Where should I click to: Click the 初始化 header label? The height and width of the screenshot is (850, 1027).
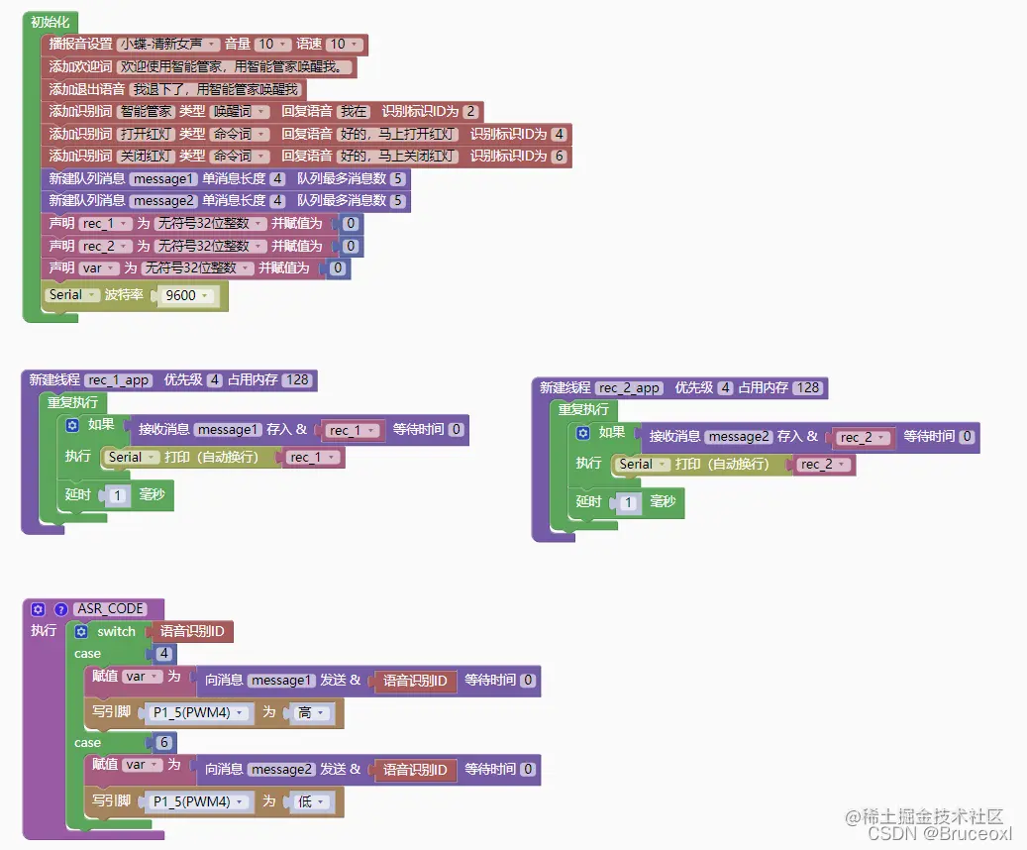tap(50, 22)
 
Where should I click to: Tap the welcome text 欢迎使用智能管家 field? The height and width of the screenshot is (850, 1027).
tap(234, 67)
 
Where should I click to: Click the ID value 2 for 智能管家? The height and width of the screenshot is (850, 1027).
tap(469, 112)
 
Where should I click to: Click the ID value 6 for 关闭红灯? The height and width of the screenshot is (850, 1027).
tap(560, 157)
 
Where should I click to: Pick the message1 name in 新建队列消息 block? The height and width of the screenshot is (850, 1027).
tap(164, 179)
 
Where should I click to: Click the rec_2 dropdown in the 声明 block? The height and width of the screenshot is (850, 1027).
tap(104, 246)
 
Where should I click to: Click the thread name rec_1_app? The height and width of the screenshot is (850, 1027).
tap(119, 379)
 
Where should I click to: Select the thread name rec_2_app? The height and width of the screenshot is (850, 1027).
tap(629, 387)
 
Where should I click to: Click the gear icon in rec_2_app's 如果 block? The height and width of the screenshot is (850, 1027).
tap(582, 433)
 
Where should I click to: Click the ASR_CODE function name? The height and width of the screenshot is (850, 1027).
tap(111, 608)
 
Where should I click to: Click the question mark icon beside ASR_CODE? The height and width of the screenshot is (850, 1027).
tap(59, 609)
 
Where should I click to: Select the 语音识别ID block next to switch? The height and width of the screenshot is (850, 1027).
tap(193, 631)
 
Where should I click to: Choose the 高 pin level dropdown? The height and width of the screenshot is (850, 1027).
tap(309, 712)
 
